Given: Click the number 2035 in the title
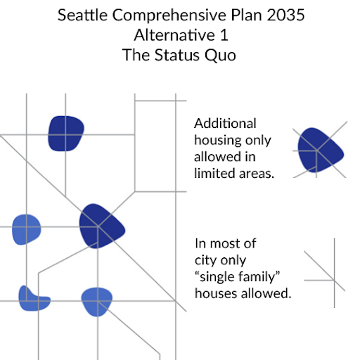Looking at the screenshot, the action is tap(285, 15).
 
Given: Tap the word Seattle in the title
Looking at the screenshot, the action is tap(82, 15).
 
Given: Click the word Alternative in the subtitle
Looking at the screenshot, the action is tap(174, 35).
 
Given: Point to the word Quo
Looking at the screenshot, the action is tap(220, 56).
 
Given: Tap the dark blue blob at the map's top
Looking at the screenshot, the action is tap(66, 134).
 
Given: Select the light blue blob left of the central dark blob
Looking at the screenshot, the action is tap(27, 229).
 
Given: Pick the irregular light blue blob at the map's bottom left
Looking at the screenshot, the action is tap(34, 300).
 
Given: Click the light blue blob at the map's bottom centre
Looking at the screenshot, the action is tap(97, 302).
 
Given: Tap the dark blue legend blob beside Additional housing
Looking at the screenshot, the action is tap(320, 150).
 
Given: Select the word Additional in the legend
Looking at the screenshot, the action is tap(225, 123).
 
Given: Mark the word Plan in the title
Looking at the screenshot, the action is tap(247, 15).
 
